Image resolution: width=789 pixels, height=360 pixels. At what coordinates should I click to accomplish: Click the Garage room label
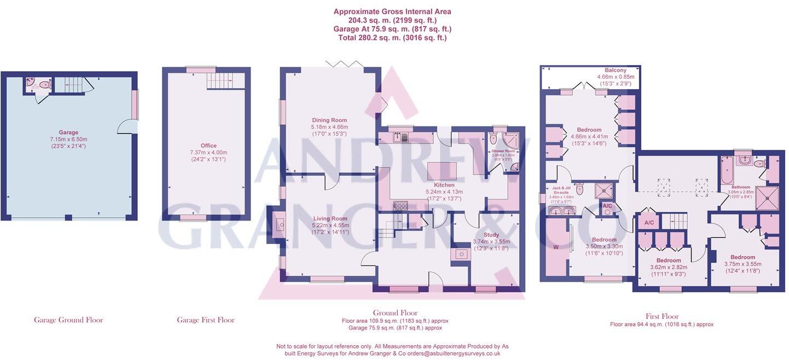tap(68, 132)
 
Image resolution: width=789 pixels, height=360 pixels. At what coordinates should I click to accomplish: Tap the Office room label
tap(208, 146)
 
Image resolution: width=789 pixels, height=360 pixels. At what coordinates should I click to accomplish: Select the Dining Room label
tap(329, 120)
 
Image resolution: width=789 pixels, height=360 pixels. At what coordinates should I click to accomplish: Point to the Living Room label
tap(329, 218)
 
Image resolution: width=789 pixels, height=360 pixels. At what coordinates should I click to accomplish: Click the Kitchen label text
tap(444, 185)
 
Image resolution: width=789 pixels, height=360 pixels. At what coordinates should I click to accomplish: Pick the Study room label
tap(491, 235)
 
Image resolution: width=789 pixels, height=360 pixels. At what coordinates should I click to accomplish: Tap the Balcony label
tap(616, 70)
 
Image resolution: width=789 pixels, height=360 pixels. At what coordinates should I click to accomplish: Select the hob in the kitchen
tap(401, 206)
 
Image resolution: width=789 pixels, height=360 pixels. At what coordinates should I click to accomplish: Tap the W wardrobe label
tap(556, 246)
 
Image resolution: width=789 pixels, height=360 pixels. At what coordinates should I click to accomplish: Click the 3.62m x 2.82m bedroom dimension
tap(669, 267)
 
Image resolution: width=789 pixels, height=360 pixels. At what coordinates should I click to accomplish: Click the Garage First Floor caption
tap(206, 320)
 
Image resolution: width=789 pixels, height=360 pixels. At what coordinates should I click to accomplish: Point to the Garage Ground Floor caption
tap(68, 320)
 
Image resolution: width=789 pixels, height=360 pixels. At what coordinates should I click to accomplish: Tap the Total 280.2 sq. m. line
tap(392, 38)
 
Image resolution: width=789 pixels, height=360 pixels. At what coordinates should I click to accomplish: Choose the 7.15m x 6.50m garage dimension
tap(68, 139)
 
